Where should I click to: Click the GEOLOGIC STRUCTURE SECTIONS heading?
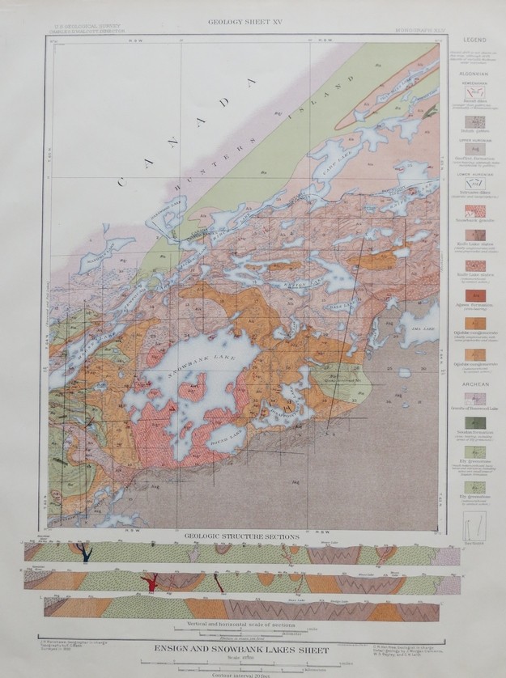point(243,536)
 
